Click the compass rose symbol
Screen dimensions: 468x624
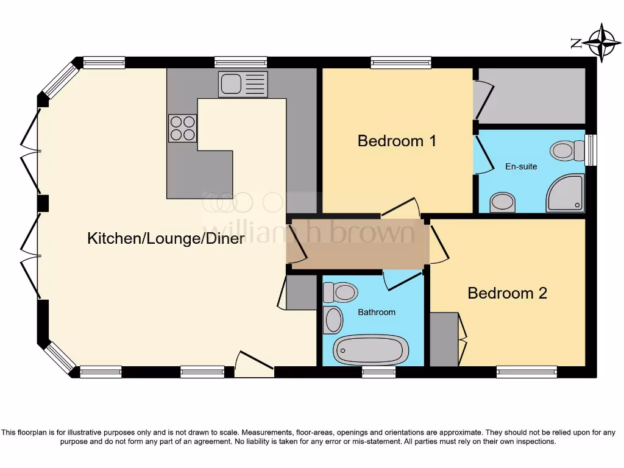click(602, 43)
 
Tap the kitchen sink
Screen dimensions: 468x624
click(243, 84)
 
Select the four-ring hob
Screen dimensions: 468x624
click(182, 128)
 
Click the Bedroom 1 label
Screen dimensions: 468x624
click(397, 141)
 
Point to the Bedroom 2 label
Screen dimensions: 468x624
click(507, 293)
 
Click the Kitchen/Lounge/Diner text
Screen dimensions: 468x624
click(166, 238)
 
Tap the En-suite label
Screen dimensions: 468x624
click(521, 166)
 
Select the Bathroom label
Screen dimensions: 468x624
click(376, 312)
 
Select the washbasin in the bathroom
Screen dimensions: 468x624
click(333, 320)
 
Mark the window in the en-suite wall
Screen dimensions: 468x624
click(590, 150)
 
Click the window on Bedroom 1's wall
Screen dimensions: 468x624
click(401, 62)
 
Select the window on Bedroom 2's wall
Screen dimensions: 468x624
click(526, 371)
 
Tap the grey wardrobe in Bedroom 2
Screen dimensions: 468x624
click(444, 339)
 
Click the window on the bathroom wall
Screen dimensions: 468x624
click(378, 372)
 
